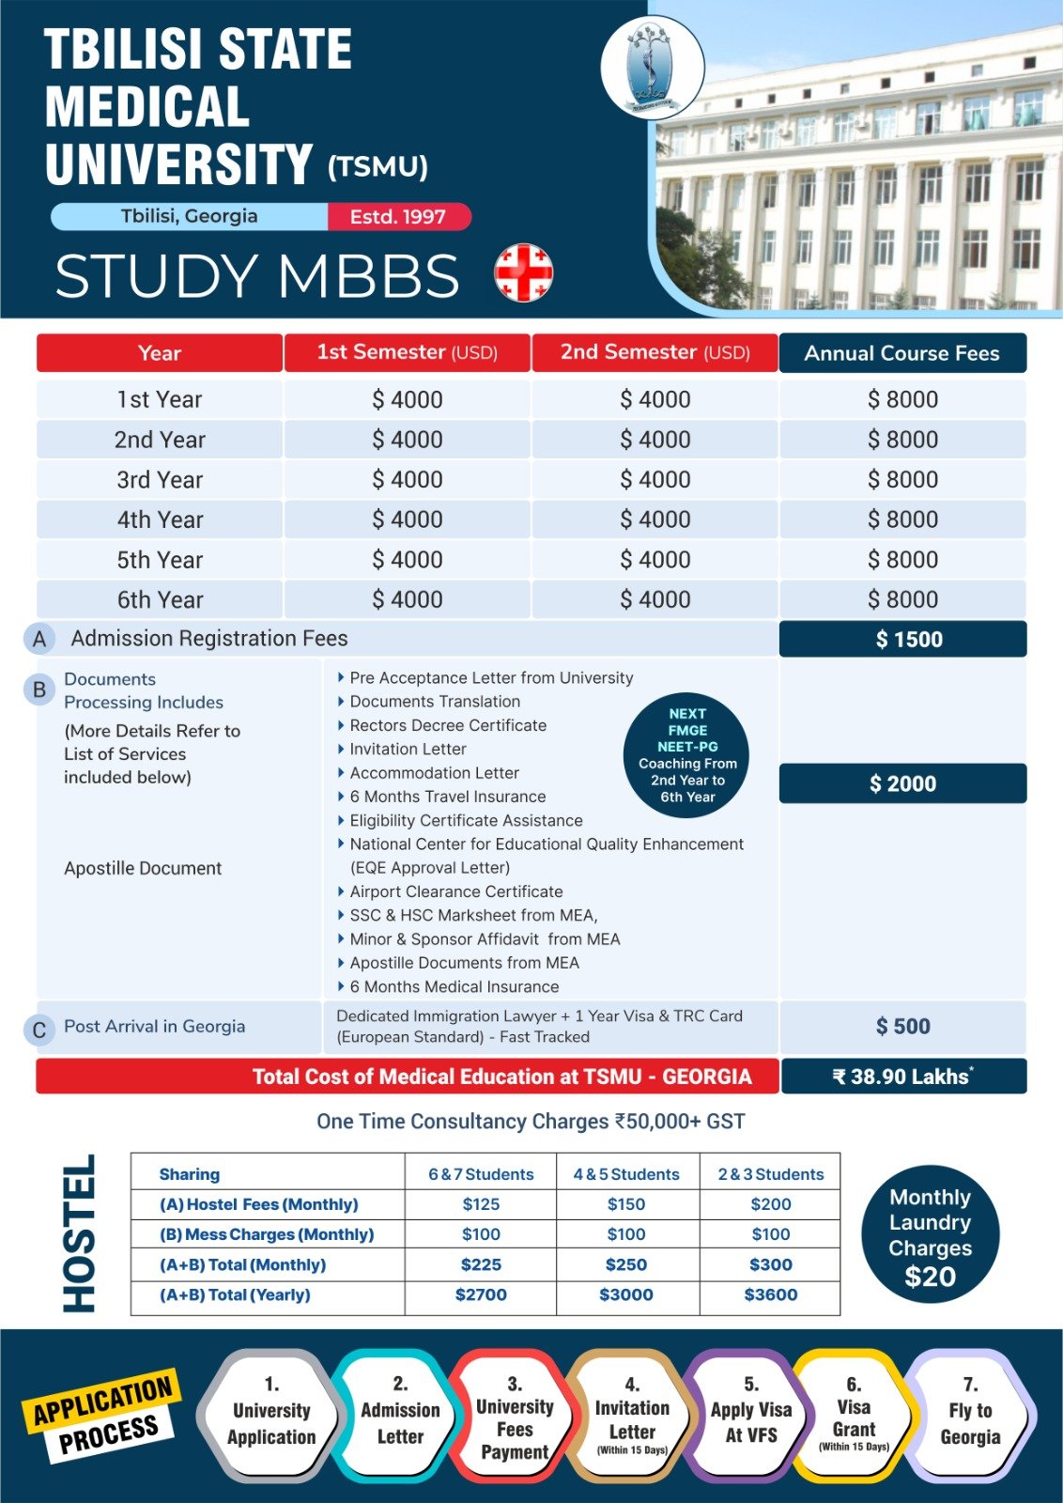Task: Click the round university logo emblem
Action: click(652, 67)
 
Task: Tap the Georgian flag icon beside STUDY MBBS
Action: click(523, 272)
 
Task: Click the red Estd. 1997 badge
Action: click(398, 217)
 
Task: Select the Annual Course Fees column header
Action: click(901, 353)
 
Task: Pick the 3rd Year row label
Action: click(160, 480)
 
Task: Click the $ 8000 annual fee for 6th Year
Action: click(902, 599)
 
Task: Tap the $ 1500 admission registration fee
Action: click(902, 640)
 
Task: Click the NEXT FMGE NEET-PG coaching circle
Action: click(687, 755)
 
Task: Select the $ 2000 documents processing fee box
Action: click(902, 783)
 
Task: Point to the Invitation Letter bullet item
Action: click(408, 749)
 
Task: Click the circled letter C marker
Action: click(39, 1030)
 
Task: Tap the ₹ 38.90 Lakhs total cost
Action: click(902, 1077)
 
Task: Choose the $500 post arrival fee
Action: click(902, 1027)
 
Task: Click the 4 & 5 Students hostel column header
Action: click(626, 1174)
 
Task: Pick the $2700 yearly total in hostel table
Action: click(481, 1294)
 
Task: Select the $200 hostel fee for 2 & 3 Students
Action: click(770, 1204)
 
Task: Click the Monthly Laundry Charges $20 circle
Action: click(930, 1234)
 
